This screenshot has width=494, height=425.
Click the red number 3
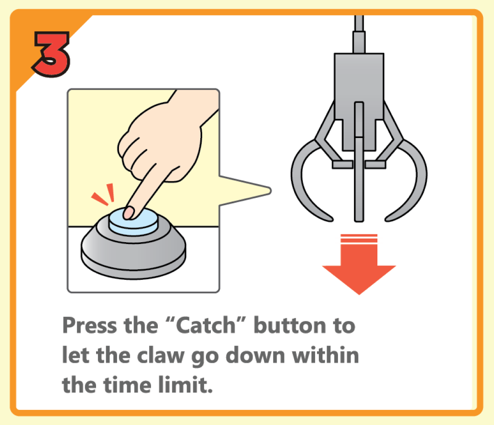[x=51, y=53]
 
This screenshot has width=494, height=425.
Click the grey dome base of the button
[x=133, y=252]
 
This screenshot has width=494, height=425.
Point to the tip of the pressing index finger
[x=129, y=213]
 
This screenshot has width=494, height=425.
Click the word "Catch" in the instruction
[x=206, y=325]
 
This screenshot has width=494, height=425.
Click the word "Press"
[x=90, y=325]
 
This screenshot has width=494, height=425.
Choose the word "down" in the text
[x=255, y=355]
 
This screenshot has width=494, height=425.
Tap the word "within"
[x=326, y=355]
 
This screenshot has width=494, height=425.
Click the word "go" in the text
[x=205, y=357]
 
